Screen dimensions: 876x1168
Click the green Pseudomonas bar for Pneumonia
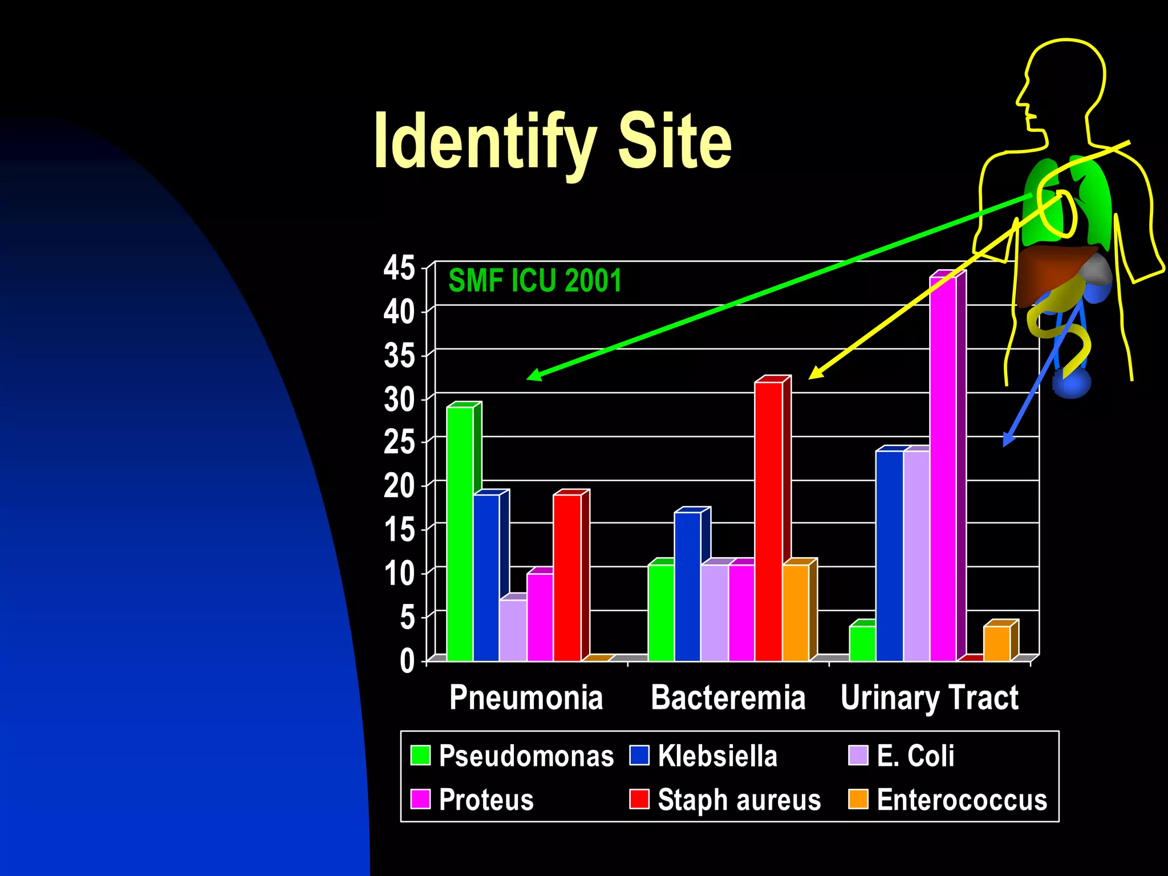[460, 533]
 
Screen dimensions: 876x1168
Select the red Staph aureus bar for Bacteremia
[768, 521]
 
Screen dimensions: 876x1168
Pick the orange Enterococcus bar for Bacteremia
[796, 613]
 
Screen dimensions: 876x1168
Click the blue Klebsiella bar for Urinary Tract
[889, 555]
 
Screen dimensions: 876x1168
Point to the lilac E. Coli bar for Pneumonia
[513, 630]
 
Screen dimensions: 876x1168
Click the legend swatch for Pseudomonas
[420, 755]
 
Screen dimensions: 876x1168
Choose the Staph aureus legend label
[739, 800]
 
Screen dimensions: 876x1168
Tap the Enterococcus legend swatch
[858, 799]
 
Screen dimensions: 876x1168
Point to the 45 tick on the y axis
[399, 267]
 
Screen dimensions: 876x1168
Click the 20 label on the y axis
[399, 486]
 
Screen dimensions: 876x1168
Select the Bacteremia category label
[728, 697]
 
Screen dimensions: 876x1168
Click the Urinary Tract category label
[929, 697]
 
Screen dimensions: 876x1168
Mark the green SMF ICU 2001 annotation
[535, 281]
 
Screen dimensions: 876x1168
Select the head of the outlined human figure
[1064, 86]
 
